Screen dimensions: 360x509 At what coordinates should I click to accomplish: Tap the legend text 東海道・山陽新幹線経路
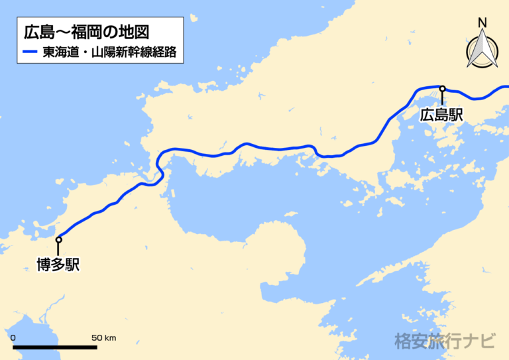coord(110,52)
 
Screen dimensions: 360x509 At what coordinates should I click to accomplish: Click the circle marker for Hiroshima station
coord(442,88)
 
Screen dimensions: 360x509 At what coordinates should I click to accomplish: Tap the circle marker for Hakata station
coord(58,239)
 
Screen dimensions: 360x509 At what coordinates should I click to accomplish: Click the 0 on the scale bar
coord(13,338)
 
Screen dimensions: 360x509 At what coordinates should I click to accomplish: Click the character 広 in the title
coord(31,31)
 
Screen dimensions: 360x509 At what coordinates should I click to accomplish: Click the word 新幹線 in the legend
coord(132,52)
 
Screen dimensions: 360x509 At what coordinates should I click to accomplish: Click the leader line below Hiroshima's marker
coord(442,98)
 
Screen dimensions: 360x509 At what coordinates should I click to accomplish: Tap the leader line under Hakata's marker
coord(58,249)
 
